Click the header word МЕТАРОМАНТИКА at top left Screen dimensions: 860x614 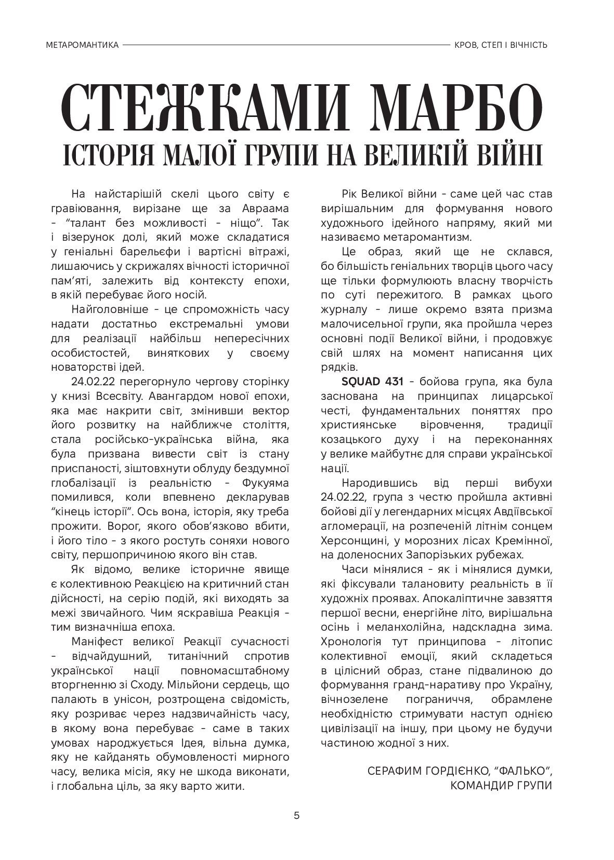(82, 45)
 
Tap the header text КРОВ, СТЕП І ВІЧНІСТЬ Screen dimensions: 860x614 (501, 45)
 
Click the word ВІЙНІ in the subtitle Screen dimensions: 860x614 (503, 154)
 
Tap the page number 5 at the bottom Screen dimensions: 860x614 (297, 815)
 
